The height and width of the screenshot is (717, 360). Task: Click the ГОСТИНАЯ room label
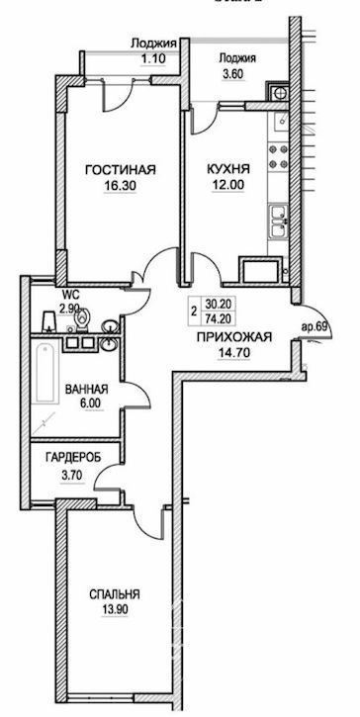coord(121,170)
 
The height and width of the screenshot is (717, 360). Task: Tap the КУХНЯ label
coord(228,170)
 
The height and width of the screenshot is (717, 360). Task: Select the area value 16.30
coord(121,186)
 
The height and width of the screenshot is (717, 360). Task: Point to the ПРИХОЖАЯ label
coord(234,337)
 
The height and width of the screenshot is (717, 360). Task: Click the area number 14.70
coord(234,352)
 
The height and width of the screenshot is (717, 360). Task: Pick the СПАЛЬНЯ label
coord(115,595)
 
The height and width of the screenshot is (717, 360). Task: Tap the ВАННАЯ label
coord(86,390)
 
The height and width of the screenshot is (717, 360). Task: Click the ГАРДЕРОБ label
coord(73,457)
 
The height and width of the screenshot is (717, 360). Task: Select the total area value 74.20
coord(218,318)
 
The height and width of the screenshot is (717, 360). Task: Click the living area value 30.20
coord(218,305)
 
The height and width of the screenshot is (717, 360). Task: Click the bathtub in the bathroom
coord(46,373)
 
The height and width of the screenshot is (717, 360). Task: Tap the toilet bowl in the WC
coord(82,319)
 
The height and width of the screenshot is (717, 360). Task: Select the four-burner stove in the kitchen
coord(278,156)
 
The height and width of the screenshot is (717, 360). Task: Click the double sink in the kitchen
coord(279,222)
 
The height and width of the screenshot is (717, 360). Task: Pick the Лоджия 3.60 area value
coord(237,73)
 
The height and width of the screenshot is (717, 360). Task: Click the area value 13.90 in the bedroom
coord(115,610)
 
